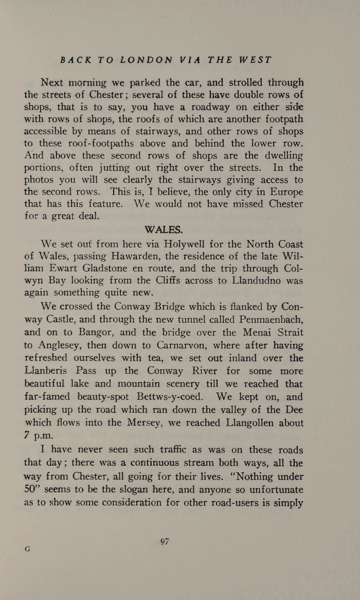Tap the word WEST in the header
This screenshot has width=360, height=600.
click(256, 60)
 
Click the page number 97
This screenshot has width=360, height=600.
click(165, 541)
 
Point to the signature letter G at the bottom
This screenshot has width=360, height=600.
click(28, 549)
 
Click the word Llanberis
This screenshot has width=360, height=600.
click(48, 371)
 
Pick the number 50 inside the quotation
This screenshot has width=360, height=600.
click(31, 489)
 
